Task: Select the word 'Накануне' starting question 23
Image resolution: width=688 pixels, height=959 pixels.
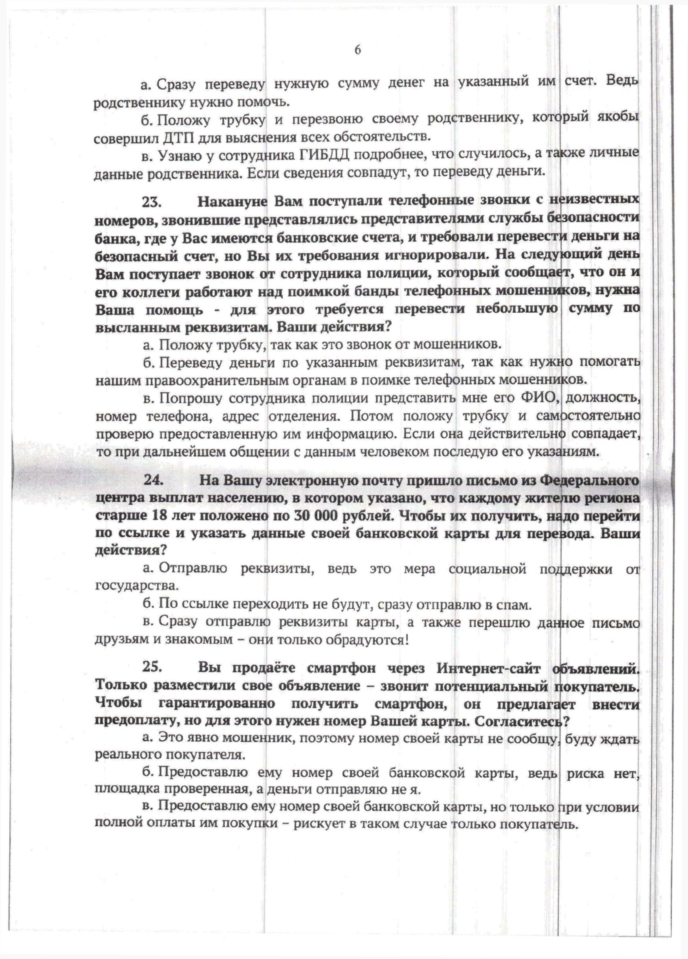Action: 233,202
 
